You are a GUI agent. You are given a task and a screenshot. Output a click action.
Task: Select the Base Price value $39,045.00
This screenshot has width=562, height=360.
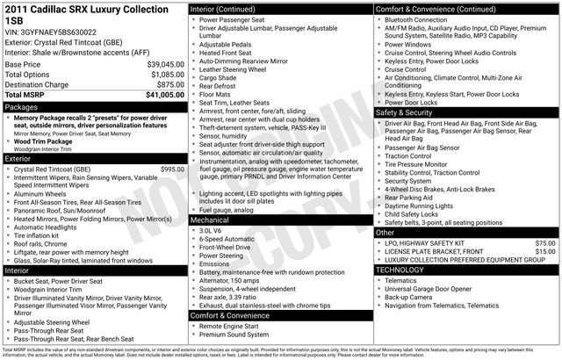[x=165, y=65]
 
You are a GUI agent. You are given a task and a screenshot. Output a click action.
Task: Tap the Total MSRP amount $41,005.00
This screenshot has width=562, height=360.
[x=163, y=94]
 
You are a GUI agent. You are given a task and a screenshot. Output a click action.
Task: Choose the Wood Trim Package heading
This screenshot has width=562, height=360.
[x=43, y=141]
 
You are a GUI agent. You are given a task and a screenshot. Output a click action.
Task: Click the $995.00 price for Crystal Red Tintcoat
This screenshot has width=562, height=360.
[x=169, y=169]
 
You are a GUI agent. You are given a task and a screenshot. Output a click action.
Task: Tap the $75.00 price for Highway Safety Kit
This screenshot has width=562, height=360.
[x=545, y=242]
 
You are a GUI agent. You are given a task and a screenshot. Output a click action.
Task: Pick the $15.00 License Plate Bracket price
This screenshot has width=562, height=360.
[x=545, y=252]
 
